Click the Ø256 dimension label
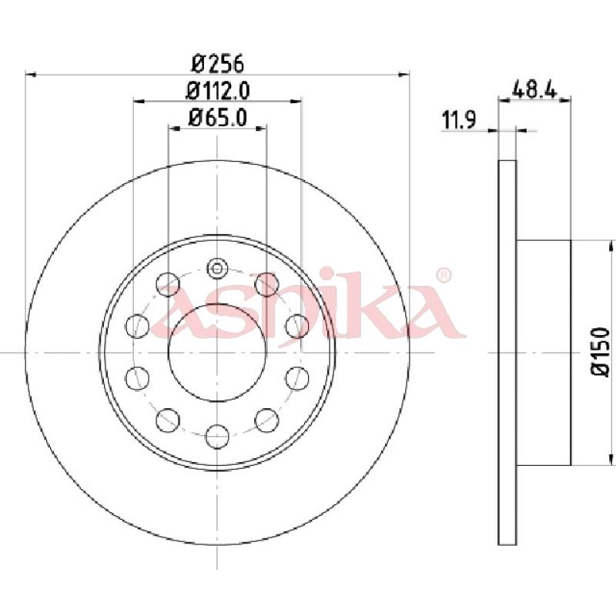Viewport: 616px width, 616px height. pos(217,62)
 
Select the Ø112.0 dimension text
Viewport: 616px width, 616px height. pos(218,90)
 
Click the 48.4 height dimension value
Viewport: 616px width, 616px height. pos(534,88)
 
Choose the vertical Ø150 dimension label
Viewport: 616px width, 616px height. pos(600,352)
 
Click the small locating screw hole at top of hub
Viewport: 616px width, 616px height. pos(217,269)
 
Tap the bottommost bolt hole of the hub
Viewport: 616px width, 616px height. pos(217,438)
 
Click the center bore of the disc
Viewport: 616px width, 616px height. pos(217,352)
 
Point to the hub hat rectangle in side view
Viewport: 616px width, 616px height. pos(543,352)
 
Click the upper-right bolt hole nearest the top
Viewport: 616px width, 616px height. pos(266,283)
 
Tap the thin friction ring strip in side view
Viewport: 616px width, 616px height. pos(507,352)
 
